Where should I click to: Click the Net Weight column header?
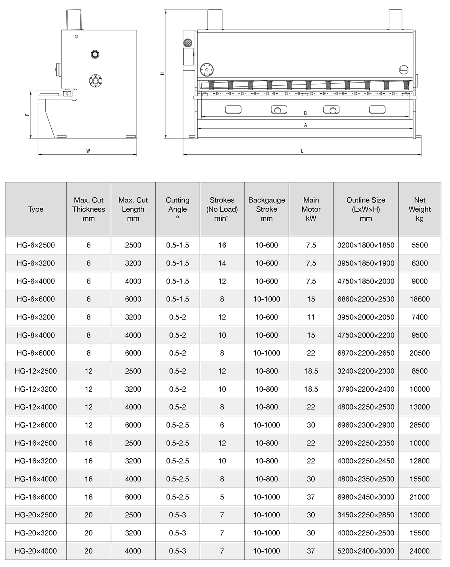pyautogui.click(x=420, y=209)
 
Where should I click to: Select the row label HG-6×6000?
pyautogui.click(x=36, y=299)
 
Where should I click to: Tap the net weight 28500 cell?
pyautogui.click(x=420, y=425)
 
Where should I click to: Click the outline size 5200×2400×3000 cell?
pyautogui.click(x=366, y=551)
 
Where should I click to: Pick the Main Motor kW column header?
pyautogui.click(x=311, y=209)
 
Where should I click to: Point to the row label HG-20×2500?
pyautogui.click(x=36, y=515)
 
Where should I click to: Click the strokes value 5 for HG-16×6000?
pyautogui.click(x=222, y=497)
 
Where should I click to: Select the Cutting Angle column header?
pyautogui.click(x=177, y=209)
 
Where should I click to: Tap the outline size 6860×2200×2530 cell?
pyautogui.click(x=366, y=299)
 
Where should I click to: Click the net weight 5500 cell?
pyautogui.click(x=420, y=245)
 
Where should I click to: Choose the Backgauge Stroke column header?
pyautogui.click(x=267, y=209)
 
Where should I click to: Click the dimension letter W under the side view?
pyautogui.click(x=88, y=151)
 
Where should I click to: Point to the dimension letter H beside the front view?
pyautogui.click(x=162, y=74)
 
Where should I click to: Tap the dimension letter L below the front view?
pyautogui.click(x=302, y=151)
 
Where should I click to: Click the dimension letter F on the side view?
pyautogui.click(x=27, y=114)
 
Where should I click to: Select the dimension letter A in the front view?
pyautogui.click(x=306, y=125)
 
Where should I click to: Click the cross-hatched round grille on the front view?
pyautogui.click(x=187, y=43)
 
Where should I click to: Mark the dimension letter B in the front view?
pyautogui.click(x=306, y=113)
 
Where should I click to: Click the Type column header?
pyautogui.click(x=36, y=209)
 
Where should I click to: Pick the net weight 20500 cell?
pyautogui.click(x=420, y=353)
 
